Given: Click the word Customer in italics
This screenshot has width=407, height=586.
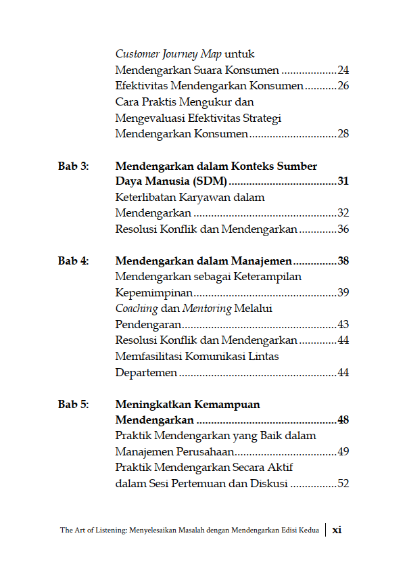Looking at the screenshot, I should click(137, 54).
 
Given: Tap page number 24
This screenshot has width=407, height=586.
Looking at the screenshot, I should click(343, 70).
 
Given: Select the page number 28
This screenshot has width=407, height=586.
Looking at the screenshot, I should click(343, 134).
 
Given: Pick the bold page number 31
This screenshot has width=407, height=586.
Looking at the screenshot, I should click(343, 182).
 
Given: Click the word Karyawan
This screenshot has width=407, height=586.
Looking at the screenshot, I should click(202, 198).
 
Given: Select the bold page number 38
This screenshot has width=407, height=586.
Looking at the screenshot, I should click(343, 261).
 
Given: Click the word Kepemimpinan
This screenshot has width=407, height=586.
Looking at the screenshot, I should click(154, 293).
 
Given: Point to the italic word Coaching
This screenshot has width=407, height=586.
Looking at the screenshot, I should click(136, 309).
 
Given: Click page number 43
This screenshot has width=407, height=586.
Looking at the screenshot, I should click(343, 325).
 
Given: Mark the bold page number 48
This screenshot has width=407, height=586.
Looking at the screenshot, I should click(343, 421).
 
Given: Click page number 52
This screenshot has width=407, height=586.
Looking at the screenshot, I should click(343, 484).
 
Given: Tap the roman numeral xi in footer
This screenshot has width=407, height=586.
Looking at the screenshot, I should click(337, 531).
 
